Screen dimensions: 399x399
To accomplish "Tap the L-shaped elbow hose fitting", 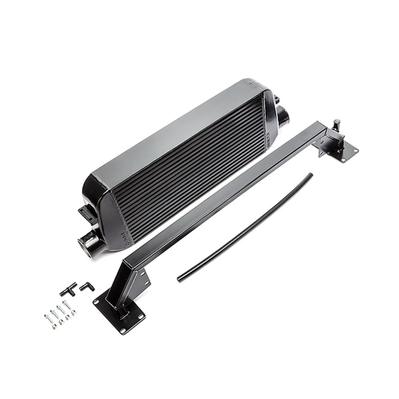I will [x=85, y=287].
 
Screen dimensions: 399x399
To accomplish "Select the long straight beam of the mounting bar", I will [x=224, y=195].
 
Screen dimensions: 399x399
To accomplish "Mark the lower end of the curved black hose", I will [x=180, y=279].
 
